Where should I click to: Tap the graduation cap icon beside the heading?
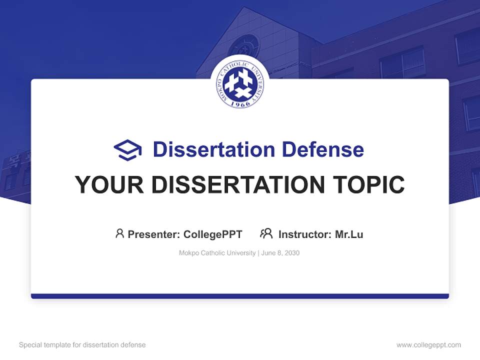point(127,149)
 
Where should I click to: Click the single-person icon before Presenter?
point(119,233)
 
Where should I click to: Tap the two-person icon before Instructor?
point(266,233)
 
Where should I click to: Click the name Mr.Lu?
point(349,234)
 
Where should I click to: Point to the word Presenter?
point(154,234)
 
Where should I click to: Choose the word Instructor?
point(304,234)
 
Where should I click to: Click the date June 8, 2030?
point(280,253)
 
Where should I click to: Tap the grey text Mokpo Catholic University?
point(217,253)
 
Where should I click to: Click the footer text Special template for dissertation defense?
point(82,345)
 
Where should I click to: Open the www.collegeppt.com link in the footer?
point(428,345)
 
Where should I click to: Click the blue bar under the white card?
point(240,296)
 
